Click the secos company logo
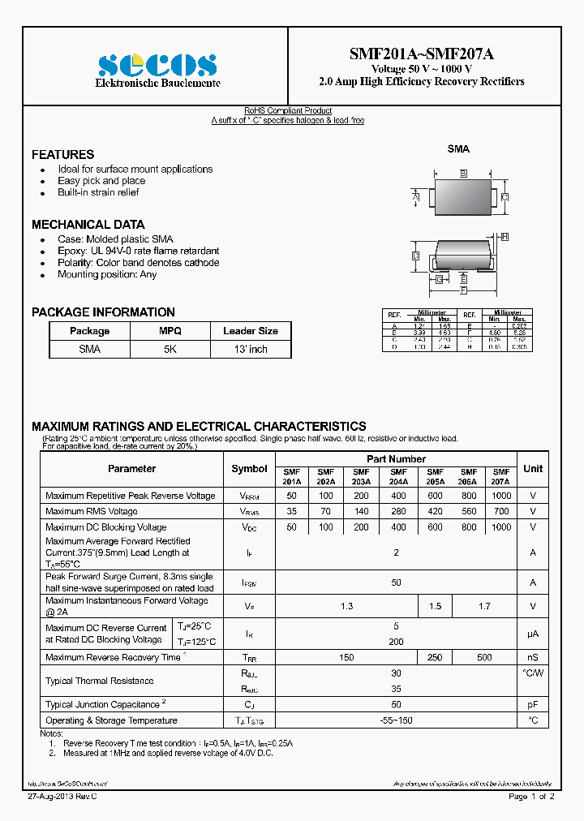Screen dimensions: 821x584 pos(157,65)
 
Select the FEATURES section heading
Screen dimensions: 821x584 pos(62,154)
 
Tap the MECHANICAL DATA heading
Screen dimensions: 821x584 pos(88,224)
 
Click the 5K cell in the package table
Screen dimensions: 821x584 pos(170,349)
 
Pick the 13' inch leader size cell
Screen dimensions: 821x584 pos(250,349)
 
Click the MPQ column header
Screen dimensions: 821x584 pos(170,331)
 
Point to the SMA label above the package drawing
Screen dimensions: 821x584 pos(458,149)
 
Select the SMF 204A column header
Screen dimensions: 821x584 pos(398,476)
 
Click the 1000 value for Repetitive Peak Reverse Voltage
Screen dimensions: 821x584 pos(501,496)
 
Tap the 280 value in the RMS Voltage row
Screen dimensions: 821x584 pos(398,511)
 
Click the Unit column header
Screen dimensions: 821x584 pos(533,468)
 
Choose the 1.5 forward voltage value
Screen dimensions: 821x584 pos(435,606)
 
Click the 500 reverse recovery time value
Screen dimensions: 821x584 pos(484,657)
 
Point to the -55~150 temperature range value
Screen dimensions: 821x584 pos(396,720)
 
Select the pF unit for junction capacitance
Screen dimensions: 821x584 pos(533,704)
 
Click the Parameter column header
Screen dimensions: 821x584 pos(131,468)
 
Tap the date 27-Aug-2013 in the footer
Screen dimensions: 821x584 pos(50,797)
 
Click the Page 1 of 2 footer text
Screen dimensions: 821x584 pos(531,797)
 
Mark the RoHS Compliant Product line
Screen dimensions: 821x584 pos(288,110)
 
